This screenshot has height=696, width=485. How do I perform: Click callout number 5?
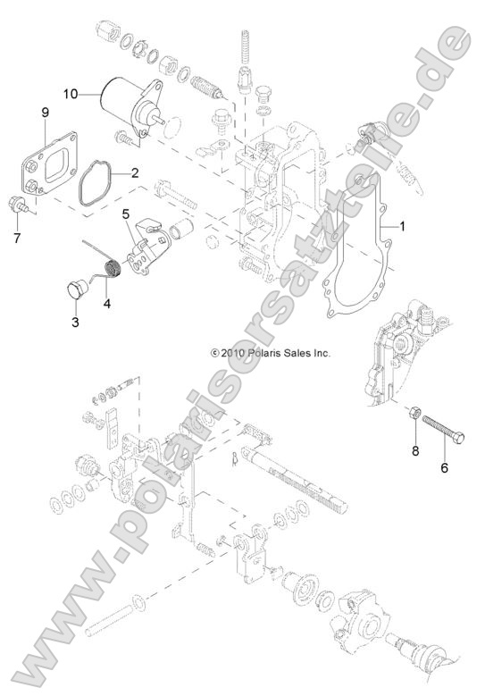tap(126, 215)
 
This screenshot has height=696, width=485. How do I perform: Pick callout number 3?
tap(76, 321)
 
